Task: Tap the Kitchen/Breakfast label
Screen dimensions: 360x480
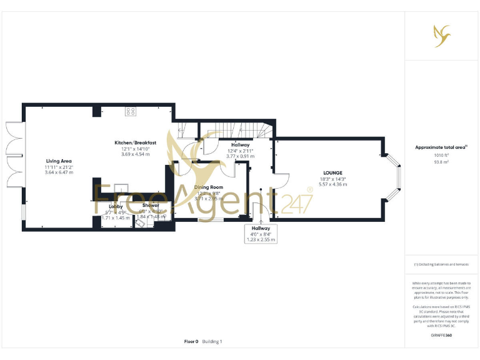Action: (135, 143)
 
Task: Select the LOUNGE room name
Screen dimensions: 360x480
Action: (332, 173)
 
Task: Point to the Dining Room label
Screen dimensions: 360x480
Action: (209, 187)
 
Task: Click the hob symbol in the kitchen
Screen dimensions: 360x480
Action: (131, 111)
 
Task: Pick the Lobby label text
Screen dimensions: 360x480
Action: (116, 206)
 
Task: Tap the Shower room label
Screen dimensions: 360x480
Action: (151, 206)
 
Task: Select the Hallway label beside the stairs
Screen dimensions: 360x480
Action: (241, 145)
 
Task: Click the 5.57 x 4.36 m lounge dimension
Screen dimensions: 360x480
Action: (332, 184)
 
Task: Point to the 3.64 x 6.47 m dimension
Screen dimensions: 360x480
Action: (59, 172)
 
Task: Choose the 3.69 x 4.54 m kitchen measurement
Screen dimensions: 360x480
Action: (135, 154)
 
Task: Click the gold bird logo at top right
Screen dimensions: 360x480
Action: (442, 35)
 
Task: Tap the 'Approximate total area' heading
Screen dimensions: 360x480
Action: (441, 147)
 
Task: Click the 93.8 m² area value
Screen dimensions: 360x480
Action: (441, 161)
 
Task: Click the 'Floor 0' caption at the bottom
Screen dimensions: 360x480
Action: (191, 342)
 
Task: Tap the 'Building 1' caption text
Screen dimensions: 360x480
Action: (212, 342)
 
